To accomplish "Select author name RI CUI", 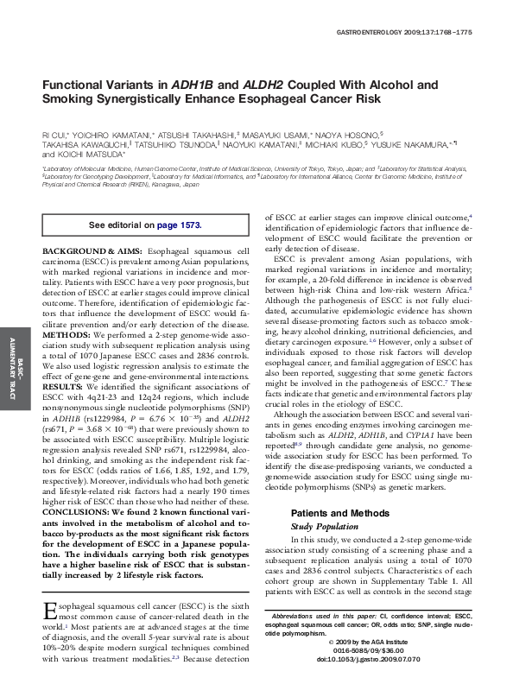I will [54, 136].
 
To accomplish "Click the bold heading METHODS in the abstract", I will [65, 333].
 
